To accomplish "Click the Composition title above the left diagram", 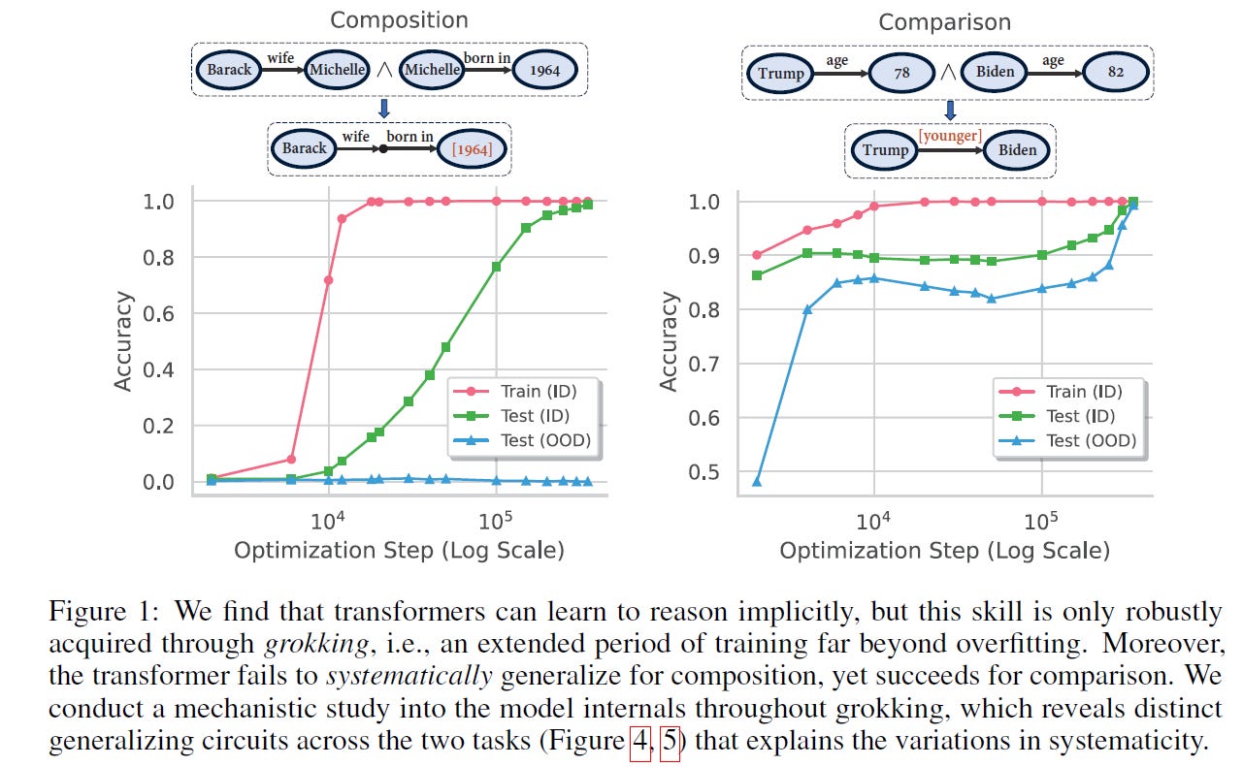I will (399, 19).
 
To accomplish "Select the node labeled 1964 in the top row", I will (544, 70).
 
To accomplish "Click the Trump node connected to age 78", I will (781, 72).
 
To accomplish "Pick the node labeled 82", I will (1116, 72).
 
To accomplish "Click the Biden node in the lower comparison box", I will (1017, 149).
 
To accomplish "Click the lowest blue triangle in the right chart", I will (757, 481).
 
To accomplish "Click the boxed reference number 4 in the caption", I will (640, 743).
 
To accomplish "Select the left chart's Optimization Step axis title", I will (399, 551).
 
